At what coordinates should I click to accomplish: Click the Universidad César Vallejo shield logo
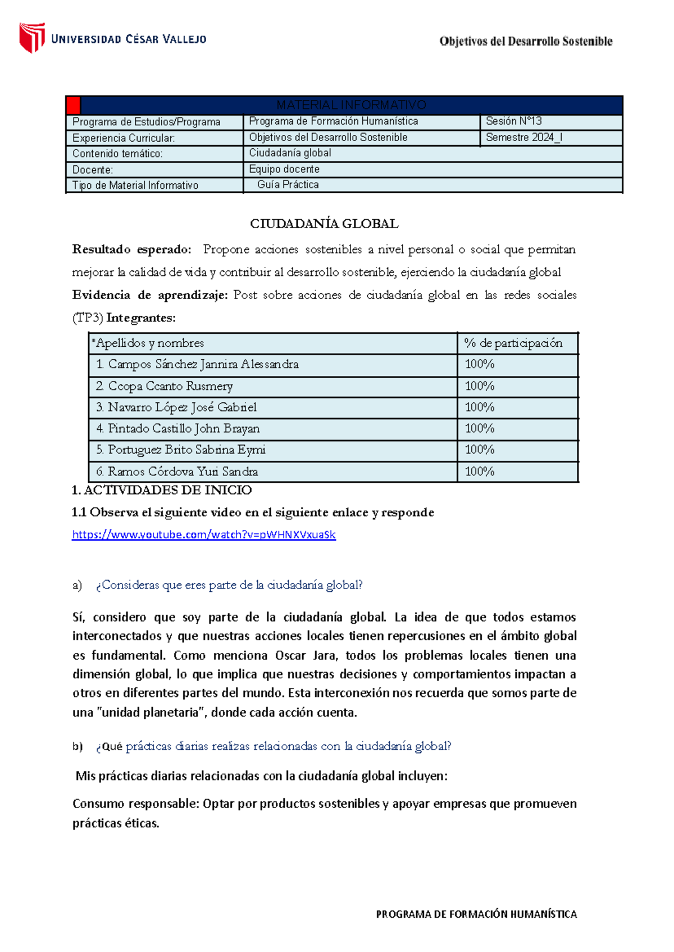32,38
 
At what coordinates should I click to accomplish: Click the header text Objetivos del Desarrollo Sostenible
526,41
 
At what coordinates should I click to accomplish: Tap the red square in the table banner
73,105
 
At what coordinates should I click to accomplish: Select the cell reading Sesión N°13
513,121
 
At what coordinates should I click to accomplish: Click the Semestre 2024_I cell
523,137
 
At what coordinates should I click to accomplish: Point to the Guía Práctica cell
288,185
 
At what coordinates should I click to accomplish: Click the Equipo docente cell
284,169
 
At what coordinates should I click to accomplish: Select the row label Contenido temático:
117,153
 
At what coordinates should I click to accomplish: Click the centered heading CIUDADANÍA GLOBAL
324,224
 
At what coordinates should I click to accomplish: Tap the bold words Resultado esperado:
131,249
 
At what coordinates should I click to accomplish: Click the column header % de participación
513,343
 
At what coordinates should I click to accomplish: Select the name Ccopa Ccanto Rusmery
170,386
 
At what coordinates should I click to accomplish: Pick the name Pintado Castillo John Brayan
183,429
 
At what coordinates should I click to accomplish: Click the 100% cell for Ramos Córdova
479,472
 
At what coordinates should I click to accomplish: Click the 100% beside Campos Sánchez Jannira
479,364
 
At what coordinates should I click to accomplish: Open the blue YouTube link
203,534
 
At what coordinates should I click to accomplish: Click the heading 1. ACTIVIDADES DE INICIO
162,490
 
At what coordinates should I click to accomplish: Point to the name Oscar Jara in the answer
306,655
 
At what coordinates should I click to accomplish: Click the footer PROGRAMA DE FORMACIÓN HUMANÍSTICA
476,914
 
